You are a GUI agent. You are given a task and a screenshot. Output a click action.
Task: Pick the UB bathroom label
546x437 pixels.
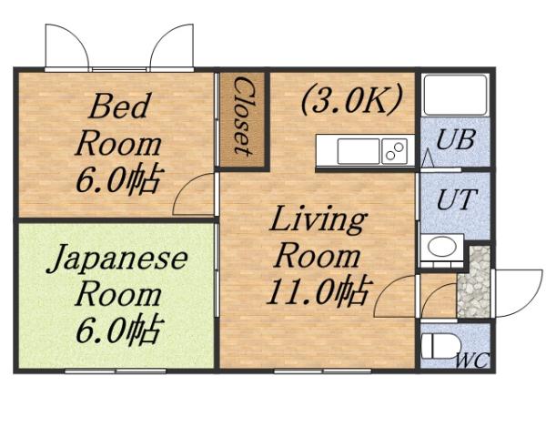click(454, 141)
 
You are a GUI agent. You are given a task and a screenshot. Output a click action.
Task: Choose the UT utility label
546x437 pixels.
click(454, 200)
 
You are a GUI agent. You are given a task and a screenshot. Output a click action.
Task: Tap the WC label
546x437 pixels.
click(471, 360)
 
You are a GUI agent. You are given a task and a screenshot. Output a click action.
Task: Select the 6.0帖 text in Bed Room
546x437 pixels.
click(117, 177)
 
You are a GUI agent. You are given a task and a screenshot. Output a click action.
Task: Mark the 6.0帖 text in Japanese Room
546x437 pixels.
click(117, 328)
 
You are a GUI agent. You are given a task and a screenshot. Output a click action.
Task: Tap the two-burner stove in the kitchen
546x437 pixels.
click(394, 151)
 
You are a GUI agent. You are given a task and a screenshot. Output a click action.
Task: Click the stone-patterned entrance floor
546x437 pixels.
click(473, 280)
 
